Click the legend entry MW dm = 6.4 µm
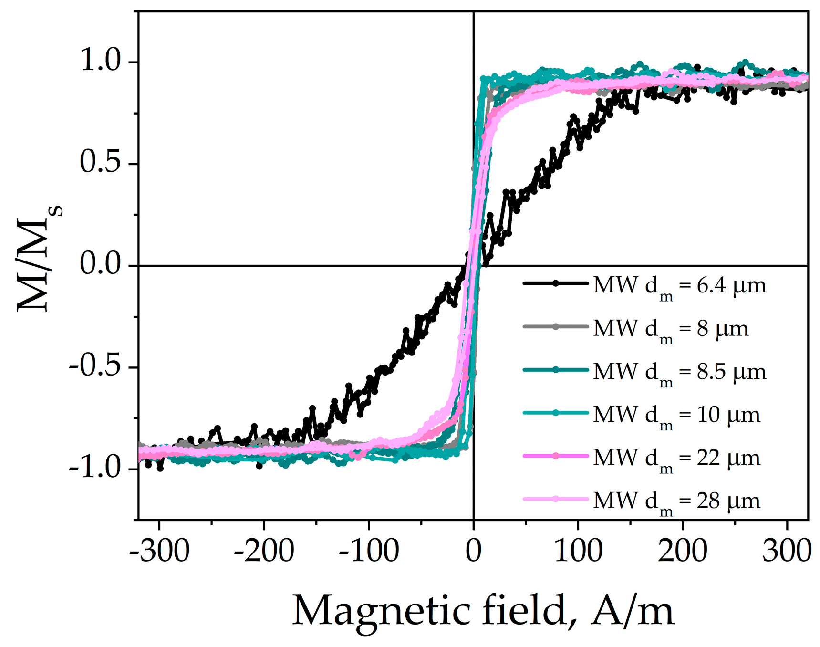click(x=679, y=286)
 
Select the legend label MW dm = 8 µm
click(x=671, y=329)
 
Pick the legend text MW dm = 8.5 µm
click(x=679, y=372)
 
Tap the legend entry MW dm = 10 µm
click(x=676, y=415)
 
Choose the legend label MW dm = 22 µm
click(x=676, y=458)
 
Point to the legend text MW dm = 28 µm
click(x=676, y=501)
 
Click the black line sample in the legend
click(x=556, y=283)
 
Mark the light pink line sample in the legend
click(x=556, y=499)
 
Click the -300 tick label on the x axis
click(x=160, y=551)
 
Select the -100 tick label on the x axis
click(x=369, y=551)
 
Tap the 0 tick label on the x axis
click(x=473, y=551)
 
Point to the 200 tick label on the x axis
click(x=682, y=551)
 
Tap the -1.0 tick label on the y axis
click(x=95, y=468)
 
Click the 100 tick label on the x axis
click(x=578, y=551)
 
